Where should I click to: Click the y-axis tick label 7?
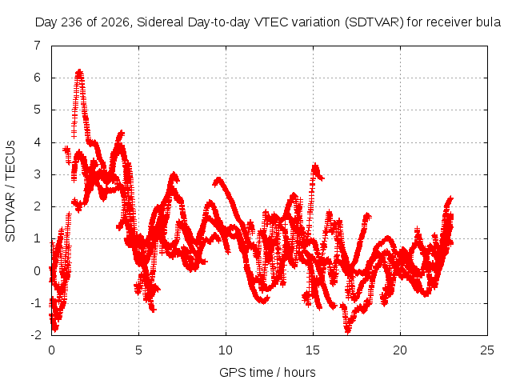(38, 46)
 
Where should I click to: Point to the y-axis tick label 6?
(38, 78)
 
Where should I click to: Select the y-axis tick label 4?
(38, 142)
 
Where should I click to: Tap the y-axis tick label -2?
(36, 335)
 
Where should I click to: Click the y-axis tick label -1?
(36, 303)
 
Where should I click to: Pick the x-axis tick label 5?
(138, 350)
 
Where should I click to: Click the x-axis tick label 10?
(226, 350)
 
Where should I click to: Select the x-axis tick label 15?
(313, 350)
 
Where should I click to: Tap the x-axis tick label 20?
(400, 350)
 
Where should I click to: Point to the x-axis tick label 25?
(487, 350)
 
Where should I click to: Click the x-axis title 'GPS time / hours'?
(267, 373)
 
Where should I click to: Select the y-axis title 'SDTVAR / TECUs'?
(10, 191)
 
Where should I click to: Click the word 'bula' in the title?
(489, 22)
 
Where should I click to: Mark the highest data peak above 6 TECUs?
(79, 71)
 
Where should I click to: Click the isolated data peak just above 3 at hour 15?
(315, 166)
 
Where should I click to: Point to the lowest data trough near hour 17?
(348, 332)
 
